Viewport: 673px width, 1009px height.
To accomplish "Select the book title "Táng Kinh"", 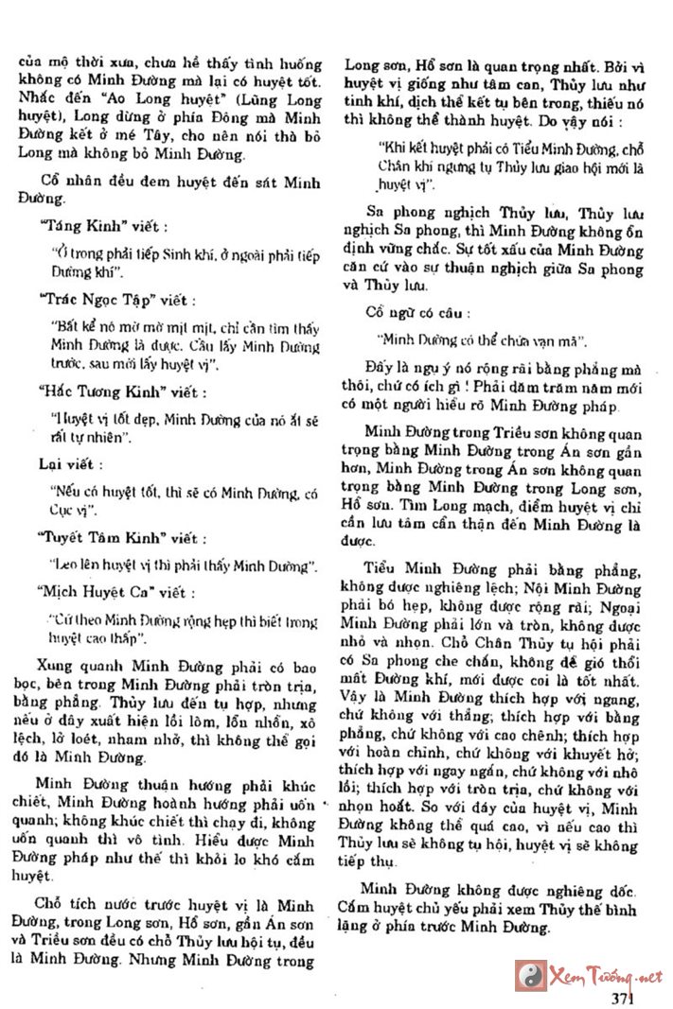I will (x=81, y=227).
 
